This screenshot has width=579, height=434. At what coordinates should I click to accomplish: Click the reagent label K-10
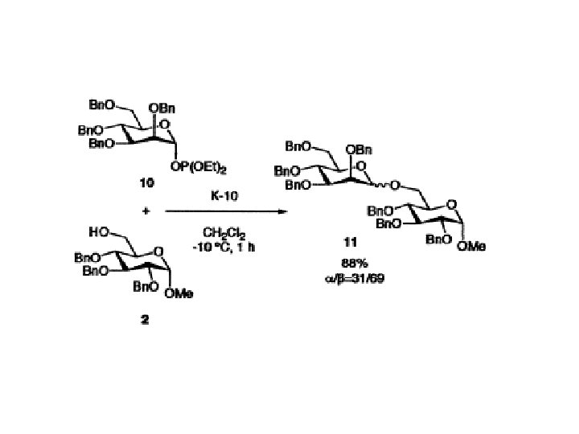point(225,195)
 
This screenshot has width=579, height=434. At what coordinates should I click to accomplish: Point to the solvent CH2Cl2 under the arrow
point(225,234)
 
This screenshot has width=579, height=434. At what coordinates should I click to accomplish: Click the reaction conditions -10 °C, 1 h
point(225,247)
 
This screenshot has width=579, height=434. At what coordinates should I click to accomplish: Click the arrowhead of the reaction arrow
point(282,212)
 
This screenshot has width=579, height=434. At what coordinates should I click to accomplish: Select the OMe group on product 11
point(472,247)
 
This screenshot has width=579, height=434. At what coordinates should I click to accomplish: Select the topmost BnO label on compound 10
point(101,104)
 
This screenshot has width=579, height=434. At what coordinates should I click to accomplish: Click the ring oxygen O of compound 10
point(163,125)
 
